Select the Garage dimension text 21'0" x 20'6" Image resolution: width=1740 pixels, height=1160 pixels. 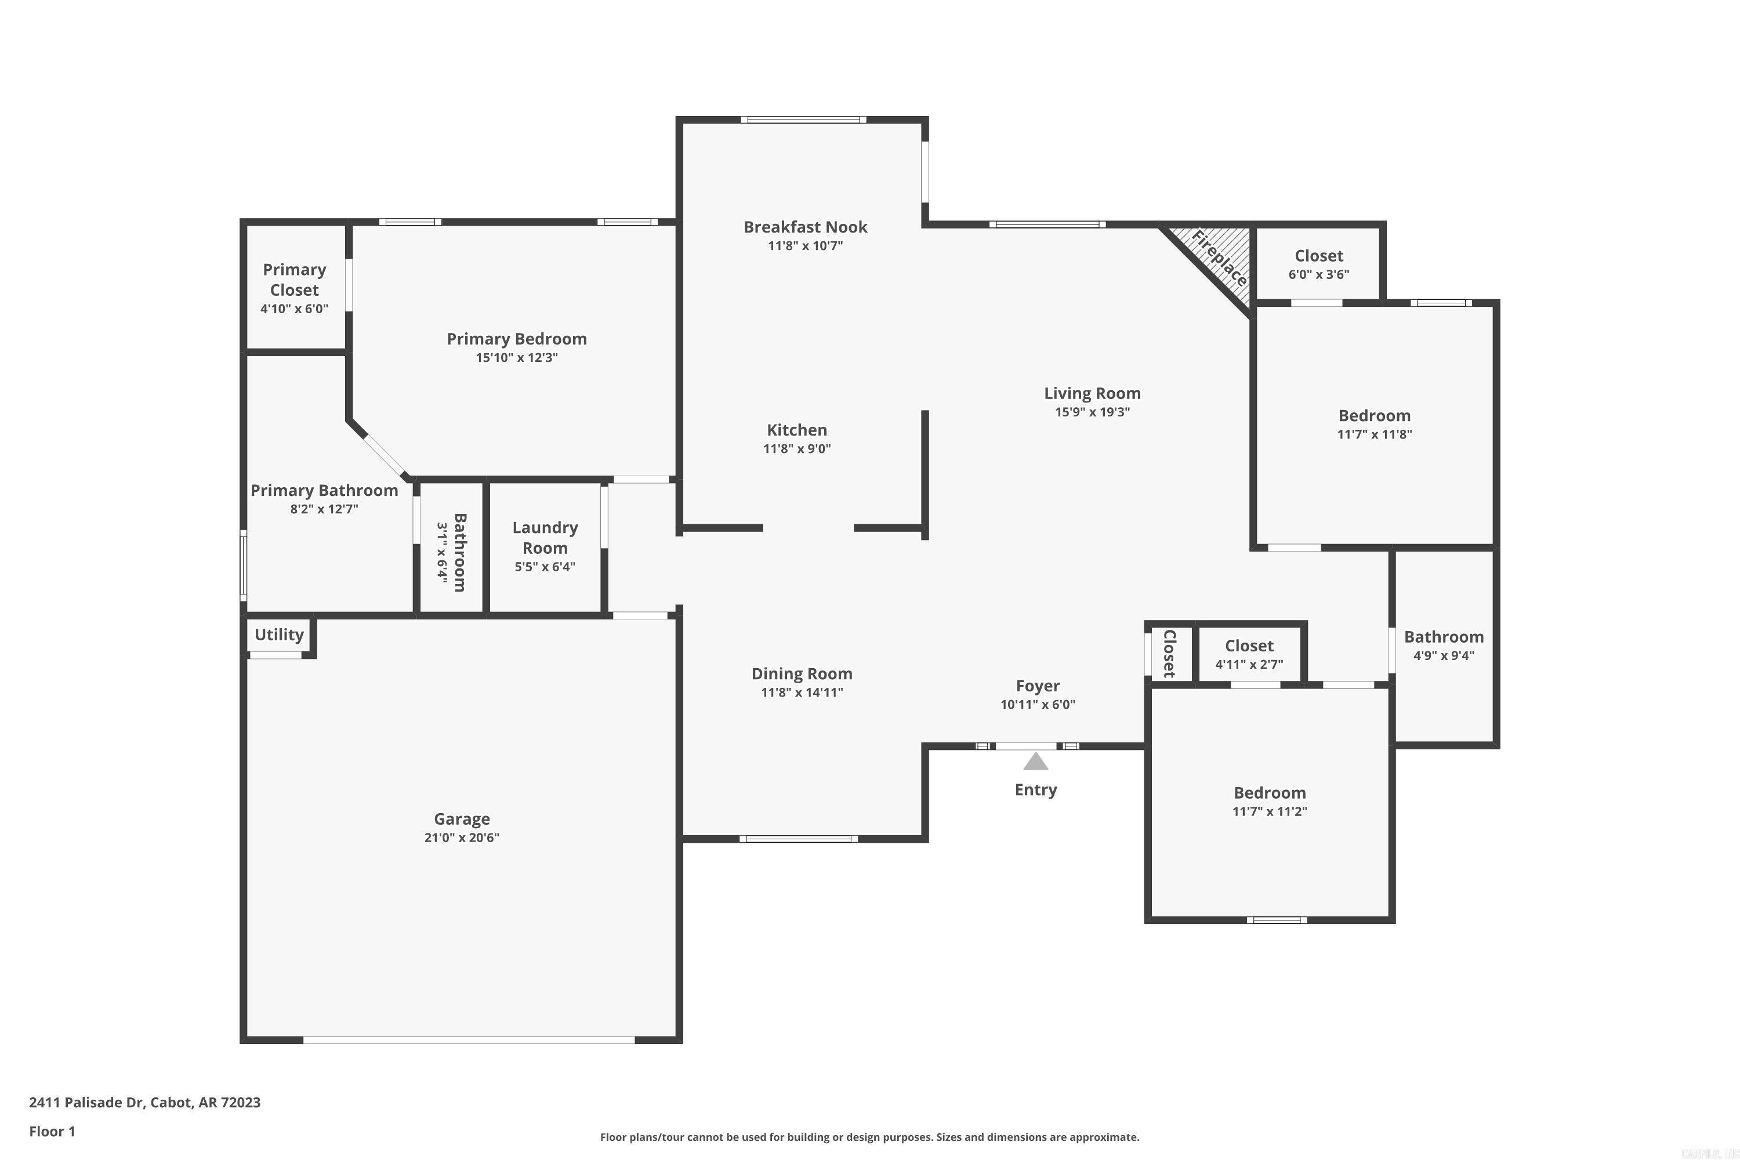pyautogui.click(x=462, y=838)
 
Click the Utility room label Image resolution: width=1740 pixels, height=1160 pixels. pyautogui.click(x=279, y=635)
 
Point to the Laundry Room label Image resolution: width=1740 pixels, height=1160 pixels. pyautogui.click(x=545, y=538)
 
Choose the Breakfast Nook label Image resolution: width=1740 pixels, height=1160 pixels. pyautogui.click(x=805, y=227)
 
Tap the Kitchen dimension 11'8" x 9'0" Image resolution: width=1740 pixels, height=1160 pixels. pyautogui.click(x=797, y=448)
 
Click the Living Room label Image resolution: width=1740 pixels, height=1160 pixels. pyautogui.click(x=1092, y=394)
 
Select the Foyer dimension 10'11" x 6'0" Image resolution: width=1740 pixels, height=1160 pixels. pyautogui.click(x=1037, y=704)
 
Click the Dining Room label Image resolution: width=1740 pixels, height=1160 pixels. pyautogui.click(x=802, y=674)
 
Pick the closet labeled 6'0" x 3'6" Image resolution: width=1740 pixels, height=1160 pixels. pyautogui.click(x=1318, y=264)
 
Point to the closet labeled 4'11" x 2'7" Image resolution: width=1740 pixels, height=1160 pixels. pyautogui.click(x=1249, y=654)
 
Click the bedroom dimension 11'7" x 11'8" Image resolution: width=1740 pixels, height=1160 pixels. pyautogui.click(x=1374, y=434)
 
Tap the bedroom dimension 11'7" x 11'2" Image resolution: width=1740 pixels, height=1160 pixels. pyautogui.click(x=1270, y=811)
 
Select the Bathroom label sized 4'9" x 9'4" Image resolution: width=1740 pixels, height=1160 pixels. pyautogui.click(x=1444, y=637)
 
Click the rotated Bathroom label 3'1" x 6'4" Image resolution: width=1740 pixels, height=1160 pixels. pyautogui.click(x=459, y=552)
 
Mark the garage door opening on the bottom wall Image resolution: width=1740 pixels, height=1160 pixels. pyautogui.click(x=469, y=1039)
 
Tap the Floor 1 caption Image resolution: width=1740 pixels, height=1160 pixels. pyautogui.click(x=52, y=1131)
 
